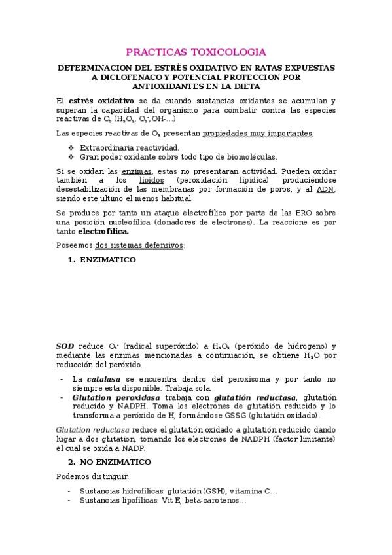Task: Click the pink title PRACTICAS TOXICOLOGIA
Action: coord(195,51)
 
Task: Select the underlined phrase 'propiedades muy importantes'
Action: coord(258,134)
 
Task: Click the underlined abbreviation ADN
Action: coord(326,189)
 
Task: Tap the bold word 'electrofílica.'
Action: coord(103,231)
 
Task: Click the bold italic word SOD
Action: coord(65,346)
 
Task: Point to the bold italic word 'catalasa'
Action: coord(105,379)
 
